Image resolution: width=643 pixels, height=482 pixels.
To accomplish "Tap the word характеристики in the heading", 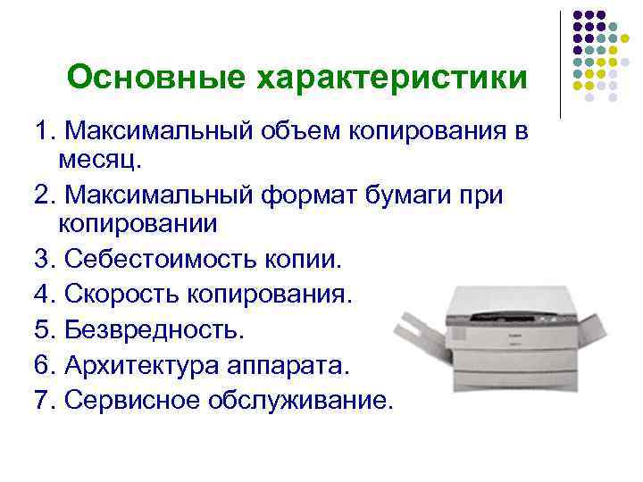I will click(x=390, y=79).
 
